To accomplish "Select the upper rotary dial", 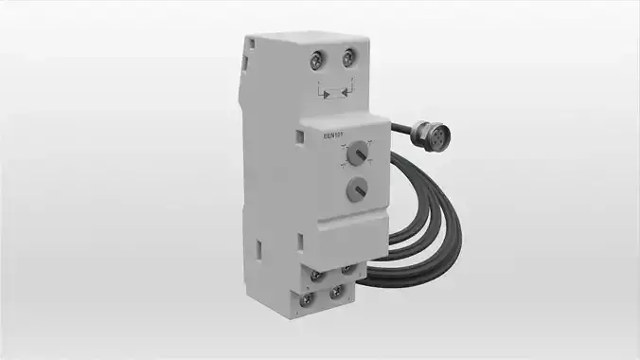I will pos(356,153).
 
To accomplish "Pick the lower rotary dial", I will pos(356,188).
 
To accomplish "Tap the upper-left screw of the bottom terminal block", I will pos(317,276).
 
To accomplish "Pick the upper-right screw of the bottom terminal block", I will pos(347,269).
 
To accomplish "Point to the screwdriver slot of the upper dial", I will pos(356,153).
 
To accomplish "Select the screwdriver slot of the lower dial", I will pos(356,188).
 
